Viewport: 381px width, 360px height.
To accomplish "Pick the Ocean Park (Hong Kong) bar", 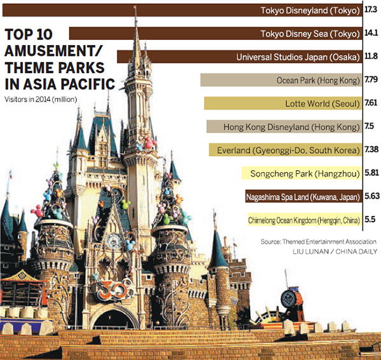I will click(x=280, y=80).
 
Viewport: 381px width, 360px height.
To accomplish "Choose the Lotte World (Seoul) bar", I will click(x=283, y=103).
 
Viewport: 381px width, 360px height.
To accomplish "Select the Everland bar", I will click(x=285, y=150).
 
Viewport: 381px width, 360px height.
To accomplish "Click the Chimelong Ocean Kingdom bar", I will click(x=304, y=220).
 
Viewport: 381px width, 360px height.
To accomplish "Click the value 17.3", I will click(x=371, y=10).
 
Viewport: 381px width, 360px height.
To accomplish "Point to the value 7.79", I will click(x=372, y=80).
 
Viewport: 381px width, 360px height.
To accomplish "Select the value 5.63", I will click(x=372, y=196).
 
